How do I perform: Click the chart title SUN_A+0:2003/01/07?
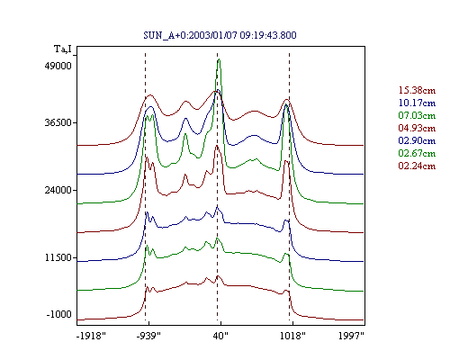(190, 35)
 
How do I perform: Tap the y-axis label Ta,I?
(63, 49)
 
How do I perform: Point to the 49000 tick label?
(58, 66)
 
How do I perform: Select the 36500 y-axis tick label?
(58, 122)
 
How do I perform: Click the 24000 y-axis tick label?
(58, 190)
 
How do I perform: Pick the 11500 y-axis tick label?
(58, 257)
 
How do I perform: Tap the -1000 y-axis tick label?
(59, 314)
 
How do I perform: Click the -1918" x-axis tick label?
(91, 336)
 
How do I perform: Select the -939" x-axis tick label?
(148, 336)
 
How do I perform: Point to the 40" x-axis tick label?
(220, 336)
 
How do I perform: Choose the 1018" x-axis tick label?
(292, 336)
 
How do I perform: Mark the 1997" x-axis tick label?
(351, 336)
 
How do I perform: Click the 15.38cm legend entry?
(417, 90)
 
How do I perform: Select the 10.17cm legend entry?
(417, 103)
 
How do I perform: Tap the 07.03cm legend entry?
(417, 115)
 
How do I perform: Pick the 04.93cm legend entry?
(417, 128)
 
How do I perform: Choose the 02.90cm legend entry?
(417, 140)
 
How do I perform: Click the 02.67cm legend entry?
(417, 153)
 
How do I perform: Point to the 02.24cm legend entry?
(417, 166)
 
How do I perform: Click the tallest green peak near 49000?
(219, 59)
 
